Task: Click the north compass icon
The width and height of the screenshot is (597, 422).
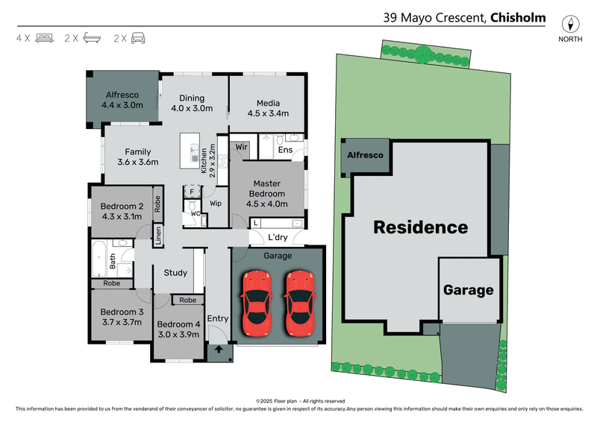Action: tap(570, 24)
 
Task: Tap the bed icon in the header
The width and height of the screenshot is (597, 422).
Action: tap(45, 38)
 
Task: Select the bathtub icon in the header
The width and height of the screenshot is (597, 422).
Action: tap(92, 38)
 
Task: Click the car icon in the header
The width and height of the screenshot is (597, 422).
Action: tap(138, 38)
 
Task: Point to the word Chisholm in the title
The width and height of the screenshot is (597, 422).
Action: tap(518, 17)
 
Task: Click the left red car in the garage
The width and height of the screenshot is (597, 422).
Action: tap(257, 303)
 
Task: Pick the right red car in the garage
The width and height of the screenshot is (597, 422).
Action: tap(300, 303)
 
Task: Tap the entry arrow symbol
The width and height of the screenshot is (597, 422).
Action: tap(219, 349)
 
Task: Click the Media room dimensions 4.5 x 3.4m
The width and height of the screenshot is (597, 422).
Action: tap(268, 113)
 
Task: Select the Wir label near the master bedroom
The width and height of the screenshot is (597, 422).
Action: tap(241, 147)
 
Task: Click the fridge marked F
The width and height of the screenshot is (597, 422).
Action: tap(192, 192)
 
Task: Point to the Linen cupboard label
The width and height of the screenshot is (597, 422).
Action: tap(158, 236)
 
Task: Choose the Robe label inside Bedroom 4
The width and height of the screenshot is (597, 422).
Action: tap(188, 300)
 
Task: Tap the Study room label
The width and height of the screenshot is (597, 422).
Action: tap(175, 273)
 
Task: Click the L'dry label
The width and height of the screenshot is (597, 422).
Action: tap(278, 237)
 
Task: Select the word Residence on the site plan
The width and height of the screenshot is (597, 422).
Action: tap(421, 227)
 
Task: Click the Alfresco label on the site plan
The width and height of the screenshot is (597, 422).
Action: tap(365, 155)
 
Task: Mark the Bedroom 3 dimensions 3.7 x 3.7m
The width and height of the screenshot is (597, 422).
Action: tap(122, 322)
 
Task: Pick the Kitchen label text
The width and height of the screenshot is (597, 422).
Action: tap(204, 161)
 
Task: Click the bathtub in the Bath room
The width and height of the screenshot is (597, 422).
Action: tap(99, 259)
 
